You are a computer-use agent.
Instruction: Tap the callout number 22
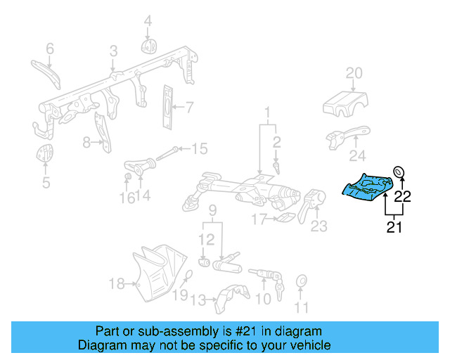coord(401,196)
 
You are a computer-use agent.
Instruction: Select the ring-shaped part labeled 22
coord(399,172)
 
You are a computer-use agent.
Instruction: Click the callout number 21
coord(393,226)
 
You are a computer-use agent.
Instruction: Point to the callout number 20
coord(354,73)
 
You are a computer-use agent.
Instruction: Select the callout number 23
coord(319,226)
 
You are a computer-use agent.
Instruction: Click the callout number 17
coord(259,220)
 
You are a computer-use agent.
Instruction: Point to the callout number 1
coord(267,112)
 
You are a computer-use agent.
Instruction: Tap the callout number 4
coord(148,22)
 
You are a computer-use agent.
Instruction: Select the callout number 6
coord(50,49)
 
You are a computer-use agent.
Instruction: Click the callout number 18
coord(117,284)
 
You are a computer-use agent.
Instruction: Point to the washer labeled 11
coord(301,281)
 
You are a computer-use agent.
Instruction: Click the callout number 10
coord(262,300)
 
